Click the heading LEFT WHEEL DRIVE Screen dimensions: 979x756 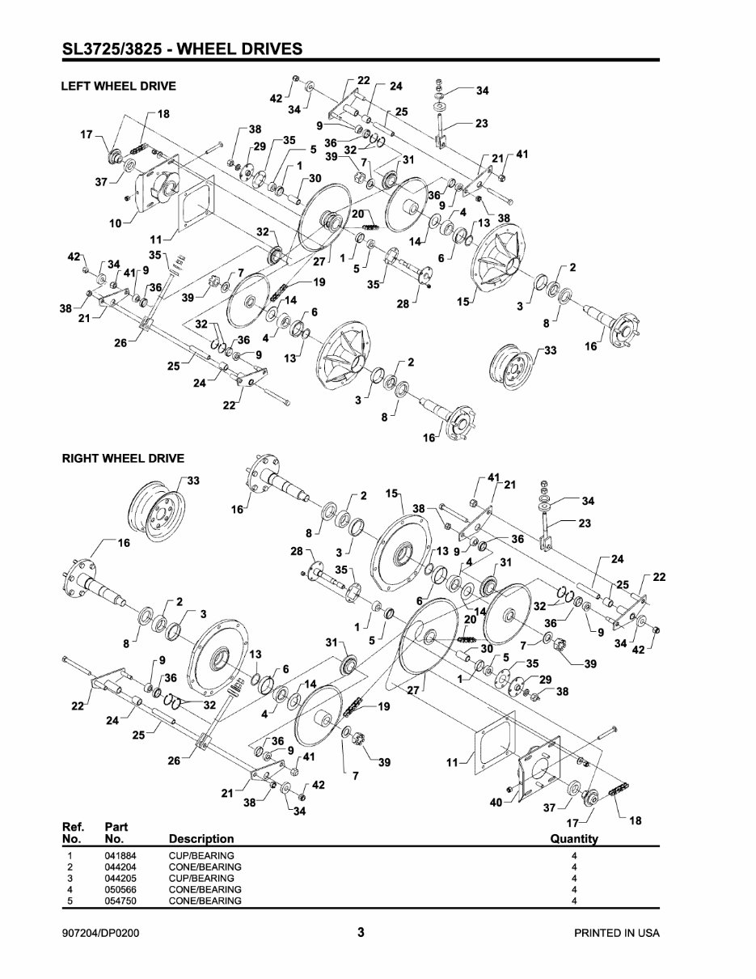click(119, 86)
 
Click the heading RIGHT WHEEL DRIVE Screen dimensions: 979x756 click(123, 458)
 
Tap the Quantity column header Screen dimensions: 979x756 click(574, 838)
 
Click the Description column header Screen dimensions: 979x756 click(201, 838)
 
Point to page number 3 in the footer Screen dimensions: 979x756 click(361, 932)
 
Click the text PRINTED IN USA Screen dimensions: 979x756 click(616, 933)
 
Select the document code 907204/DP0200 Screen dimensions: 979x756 click(105, 933)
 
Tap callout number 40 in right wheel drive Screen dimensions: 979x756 click(496, 802)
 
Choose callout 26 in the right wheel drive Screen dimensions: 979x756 click(173, 761)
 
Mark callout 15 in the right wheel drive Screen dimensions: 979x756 click(392, 493)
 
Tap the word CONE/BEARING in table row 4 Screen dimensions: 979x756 click(205, 889)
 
